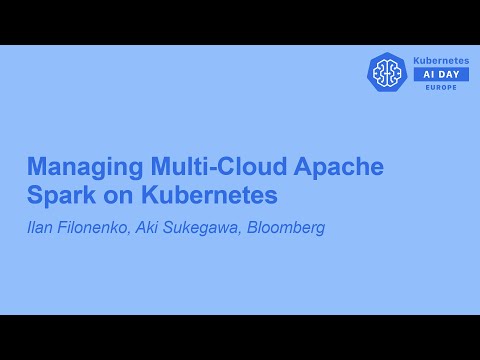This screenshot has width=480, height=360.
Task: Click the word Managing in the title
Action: coord(74,166)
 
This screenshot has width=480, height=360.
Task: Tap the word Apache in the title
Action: coord(339,166)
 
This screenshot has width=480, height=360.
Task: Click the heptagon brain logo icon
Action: coord(387,72)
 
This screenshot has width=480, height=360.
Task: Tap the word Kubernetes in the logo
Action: coord(441,61)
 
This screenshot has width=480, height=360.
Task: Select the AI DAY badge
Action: coord(441,75)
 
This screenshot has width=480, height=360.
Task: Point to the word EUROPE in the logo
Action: coord(441,88)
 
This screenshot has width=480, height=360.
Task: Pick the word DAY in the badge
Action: coord(449,75)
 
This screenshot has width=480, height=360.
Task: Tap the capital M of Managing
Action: coord(36,166)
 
